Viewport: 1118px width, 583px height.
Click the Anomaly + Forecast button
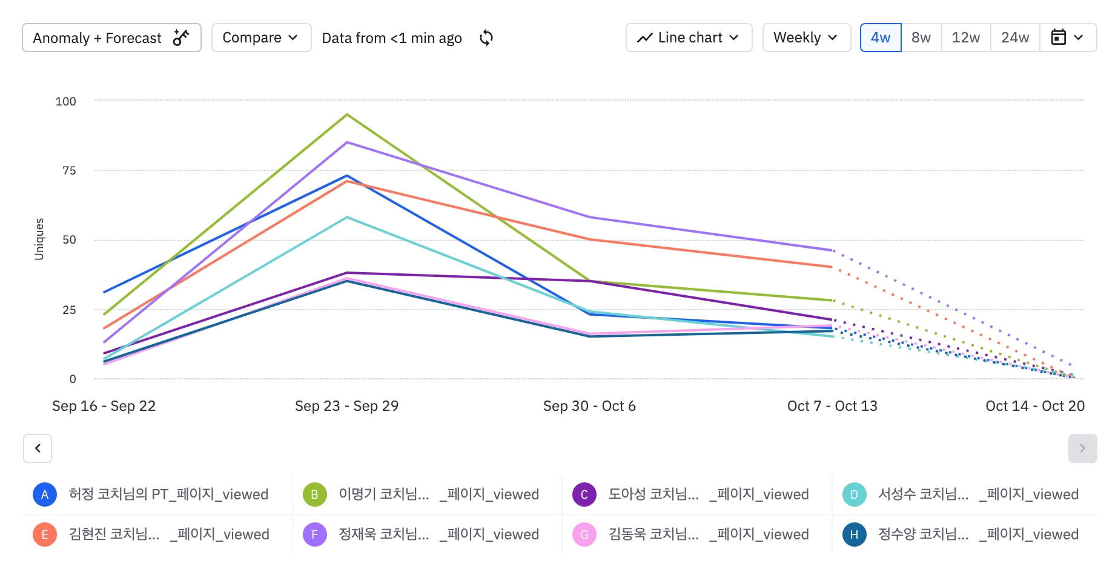(x=111, y=38)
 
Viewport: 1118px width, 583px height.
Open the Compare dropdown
(x=261, y=38)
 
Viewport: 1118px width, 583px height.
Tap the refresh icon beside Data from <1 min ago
(x=486, y=38)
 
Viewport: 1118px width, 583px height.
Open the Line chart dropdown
(x=689, y=38)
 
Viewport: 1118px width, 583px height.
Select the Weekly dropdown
(x=806, y=38)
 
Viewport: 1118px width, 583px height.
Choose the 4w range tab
(x=881, y=38)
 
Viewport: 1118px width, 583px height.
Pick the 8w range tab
(x=921, y=38)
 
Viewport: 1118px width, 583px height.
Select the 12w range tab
(x=965, y=38)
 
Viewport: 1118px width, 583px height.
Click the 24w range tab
(x=1015, y=38)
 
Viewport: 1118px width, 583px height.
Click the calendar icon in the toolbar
(x=1059, y=38)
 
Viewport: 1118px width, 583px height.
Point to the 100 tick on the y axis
(x=66, y=101)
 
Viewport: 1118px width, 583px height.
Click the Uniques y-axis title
(x=39, y=239)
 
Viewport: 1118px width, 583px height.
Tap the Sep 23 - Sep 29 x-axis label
(x=346, y=406)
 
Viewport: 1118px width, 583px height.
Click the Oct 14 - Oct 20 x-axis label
(x=1034, y=406)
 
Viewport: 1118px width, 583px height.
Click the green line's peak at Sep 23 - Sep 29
(x=347, y=115)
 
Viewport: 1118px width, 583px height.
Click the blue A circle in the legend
(x=45, y=495)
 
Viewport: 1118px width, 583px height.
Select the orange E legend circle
(x=45, y=535)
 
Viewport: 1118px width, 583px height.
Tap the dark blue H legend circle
(x=854, y=535)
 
